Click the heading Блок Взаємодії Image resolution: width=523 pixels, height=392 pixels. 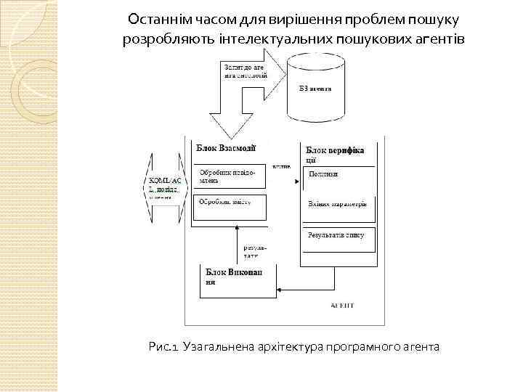(226, 147)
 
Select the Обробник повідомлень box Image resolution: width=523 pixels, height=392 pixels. (228, 179)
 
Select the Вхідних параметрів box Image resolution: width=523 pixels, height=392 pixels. (338, 204)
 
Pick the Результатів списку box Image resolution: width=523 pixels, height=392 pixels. (338, 237)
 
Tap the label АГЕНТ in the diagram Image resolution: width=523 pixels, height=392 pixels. (341, 306)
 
